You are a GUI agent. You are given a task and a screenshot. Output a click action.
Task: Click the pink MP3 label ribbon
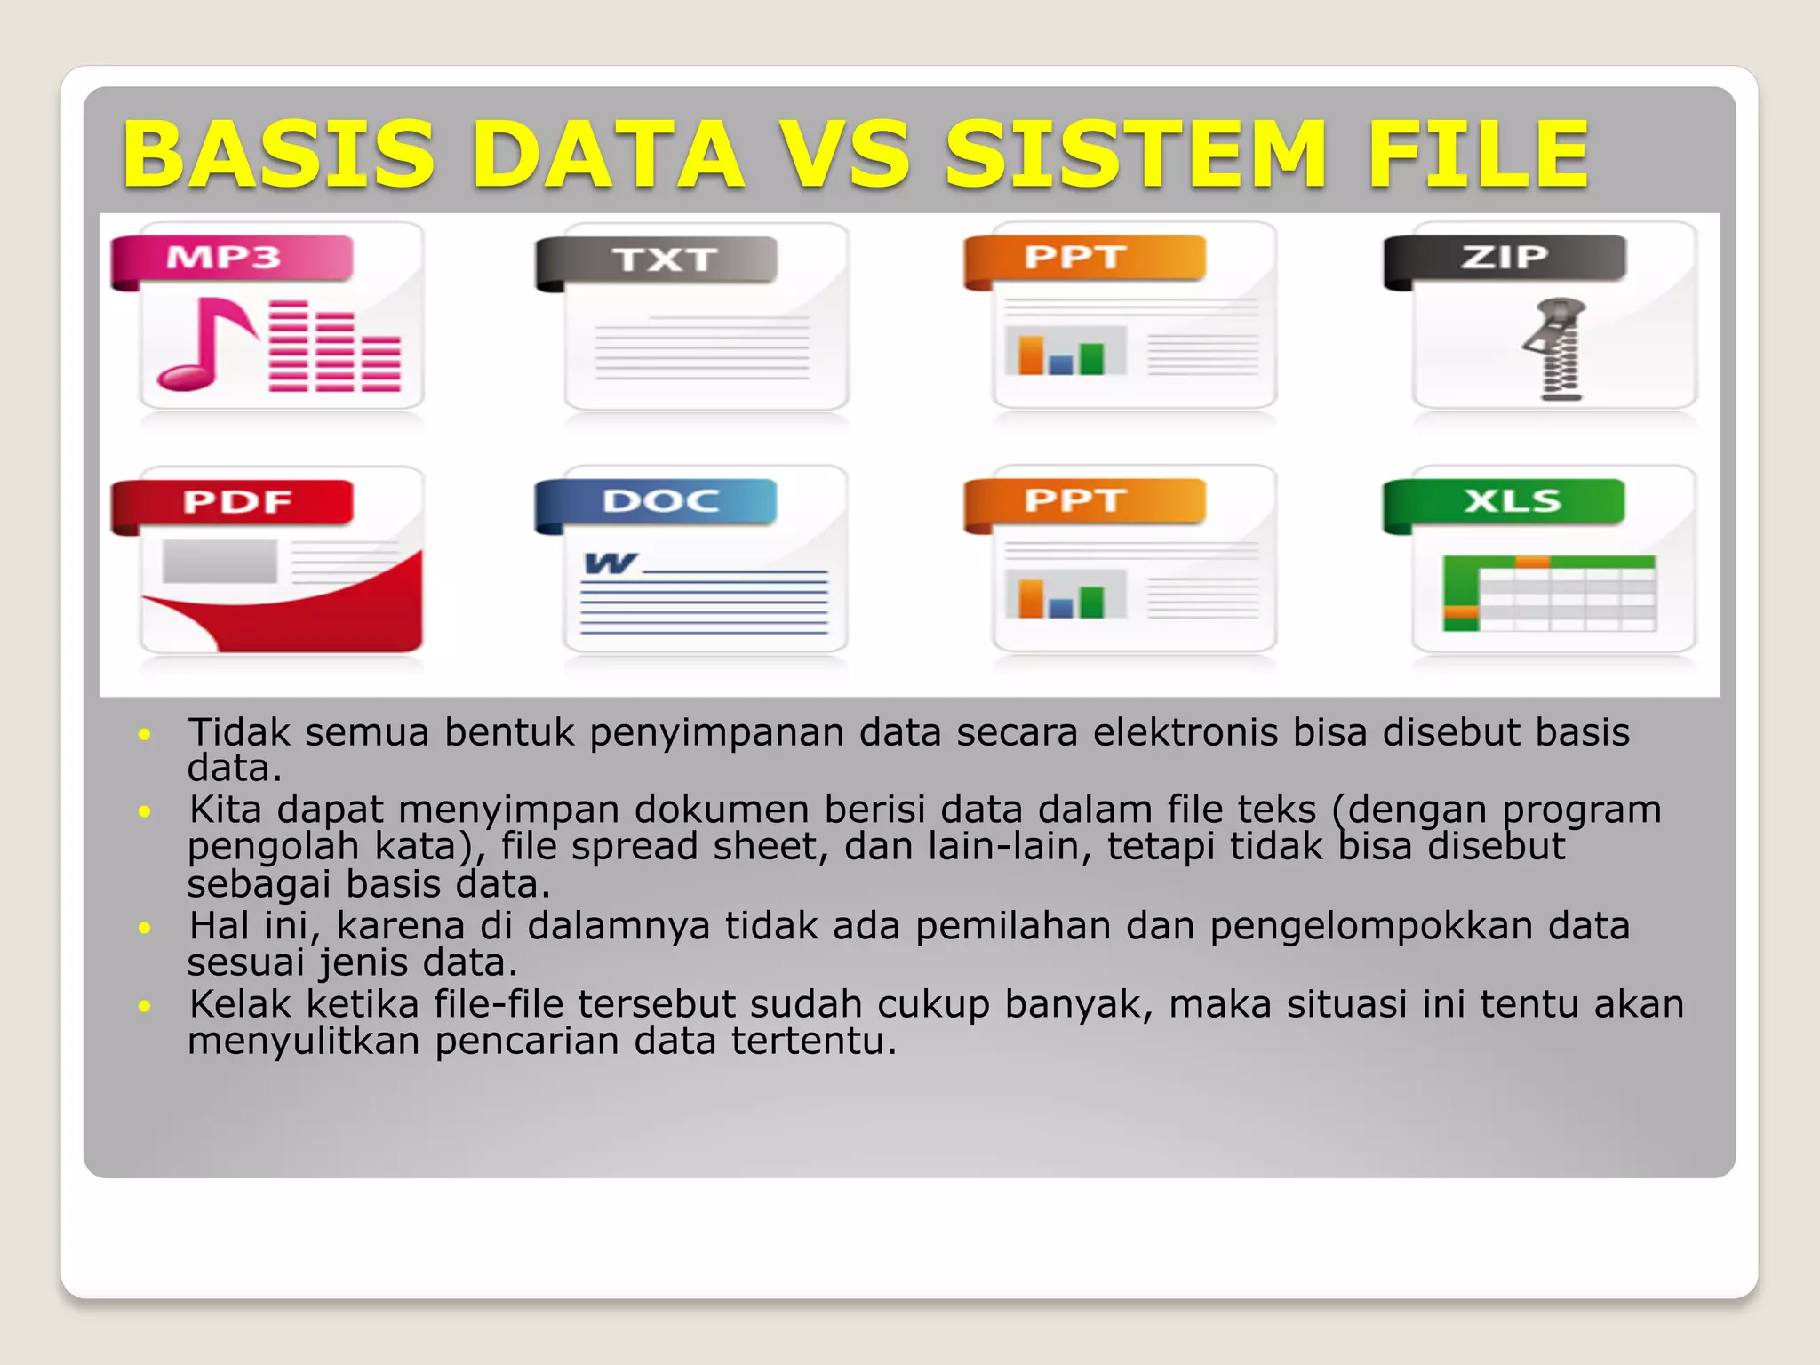pyautogui.click(x=231, y=259)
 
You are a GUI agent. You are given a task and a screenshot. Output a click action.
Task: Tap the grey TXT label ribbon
pyautogui.click(x=658, y=260)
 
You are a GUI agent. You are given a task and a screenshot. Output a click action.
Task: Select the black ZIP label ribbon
pyautogui.click(x=1504, y=259)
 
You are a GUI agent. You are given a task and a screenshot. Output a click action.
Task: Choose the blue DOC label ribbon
pyautogui.click(x=658, y=502)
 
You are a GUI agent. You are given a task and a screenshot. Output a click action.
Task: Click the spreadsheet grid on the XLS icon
pyautogui.click(x=1550, y=594)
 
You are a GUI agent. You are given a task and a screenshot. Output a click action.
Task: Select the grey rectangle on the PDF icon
pyautogui.click(x=220, y=562)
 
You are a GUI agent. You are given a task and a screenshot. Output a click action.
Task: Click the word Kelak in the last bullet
pyautogui.click(x=240, y=1004)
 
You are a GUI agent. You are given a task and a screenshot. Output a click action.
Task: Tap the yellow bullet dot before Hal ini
pyautogui.click(x=145, y=928)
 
